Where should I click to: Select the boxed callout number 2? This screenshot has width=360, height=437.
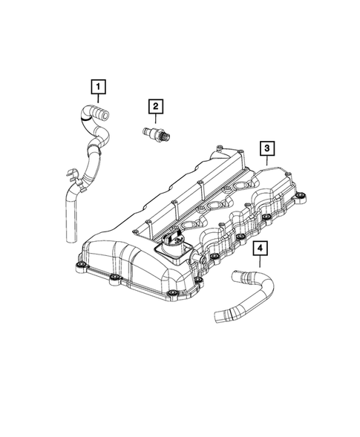[x=155, y=107]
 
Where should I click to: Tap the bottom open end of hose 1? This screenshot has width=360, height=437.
[x=70, y=237]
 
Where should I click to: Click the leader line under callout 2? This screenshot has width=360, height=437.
[x=155, y=120]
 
